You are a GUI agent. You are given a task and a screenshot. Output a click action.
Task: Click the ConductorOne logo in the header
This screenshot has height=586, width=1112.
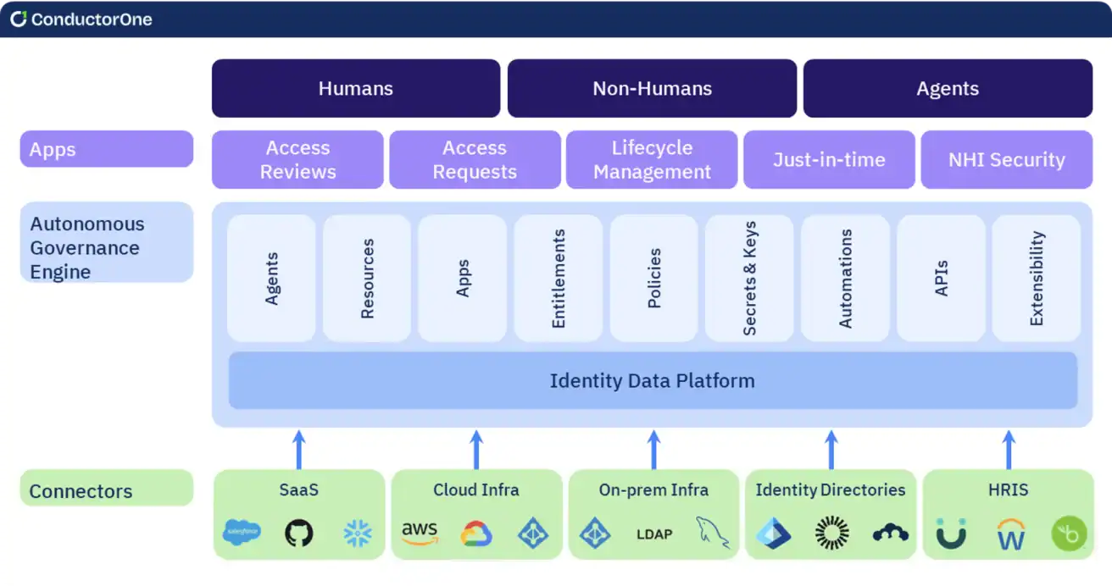pyautogui.click(x=81, y=19)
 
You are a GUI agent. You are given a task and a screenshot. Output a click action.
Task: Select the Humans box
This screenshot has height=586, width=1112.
pyautogui.click(x=356, y=88)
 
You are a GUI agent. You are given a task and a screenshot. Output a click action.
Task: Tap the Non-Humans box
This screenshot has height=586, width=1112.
pyautogui.click(x=652, y=88)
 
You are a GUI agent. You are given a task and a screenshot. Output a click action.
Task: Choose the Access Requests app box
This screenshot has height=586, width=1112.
pyautogui.click(x=475, y=159)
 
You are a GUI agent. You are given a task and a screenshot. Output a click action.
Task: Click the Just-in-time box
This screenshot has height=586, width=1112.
pyautogui.click(x=829, y=159)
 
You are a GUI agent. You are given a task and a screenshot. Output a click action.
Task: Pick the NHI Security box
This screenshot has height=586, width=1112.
pyautogui.click(x=1006, y=159)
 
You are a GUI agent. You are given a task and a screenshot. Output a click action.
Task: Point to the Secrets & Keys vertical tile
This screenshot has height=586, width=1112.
pyautogui.click(x=749, y=279)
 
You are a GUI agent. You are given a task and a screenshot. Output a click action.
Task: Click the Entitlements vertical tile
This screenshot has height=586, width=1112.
pyautogui.click(x=558, y=279)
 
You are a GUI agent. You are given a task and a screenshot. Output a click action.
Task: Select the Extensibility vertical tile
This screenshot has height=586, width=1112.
pyautogui.click(x=1036, y=279)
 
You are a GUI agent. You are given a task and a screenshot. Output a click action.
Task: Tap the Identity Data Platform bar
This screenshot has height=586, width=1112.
pyautogui.click(x=652, y=380)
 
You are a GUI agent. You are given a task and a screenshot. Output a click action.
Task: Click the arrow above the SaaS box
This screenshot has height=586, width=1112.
pyautogui.click(x=298, y=449)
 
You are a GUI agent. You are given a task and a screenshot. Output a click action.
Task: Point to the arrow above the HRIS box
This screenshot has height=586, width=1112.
pyautogui.click(x=1008, y=449)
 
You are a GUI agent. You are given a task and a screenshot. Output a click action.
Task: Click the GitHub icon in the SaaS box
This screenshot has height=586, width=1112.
pyautogui.click(x=298, y=533)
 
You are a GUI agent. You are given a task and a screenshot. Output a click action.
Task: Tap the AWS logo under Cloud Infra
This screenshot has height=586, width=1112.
pyautogui.click(x=420, y=533)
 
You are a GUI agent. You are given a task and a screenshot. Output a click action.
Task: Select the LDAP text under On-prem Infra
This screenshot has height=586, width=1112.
pyautogui.click(x=653, y=534)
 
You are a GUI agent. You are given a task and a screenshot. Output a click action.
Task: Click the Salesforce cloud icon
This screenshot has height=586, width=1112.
pyautogui.click(x=242, y=533)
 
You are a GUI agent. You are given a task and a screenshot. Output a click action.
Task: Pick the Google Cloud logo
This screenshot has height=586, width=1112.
pyautogui.click(x=476, y=533)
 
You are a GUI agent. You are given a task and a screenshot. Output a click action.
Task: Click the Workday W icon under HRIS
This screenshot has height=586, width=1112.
pyautogui.click(x=1010, y=534)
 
